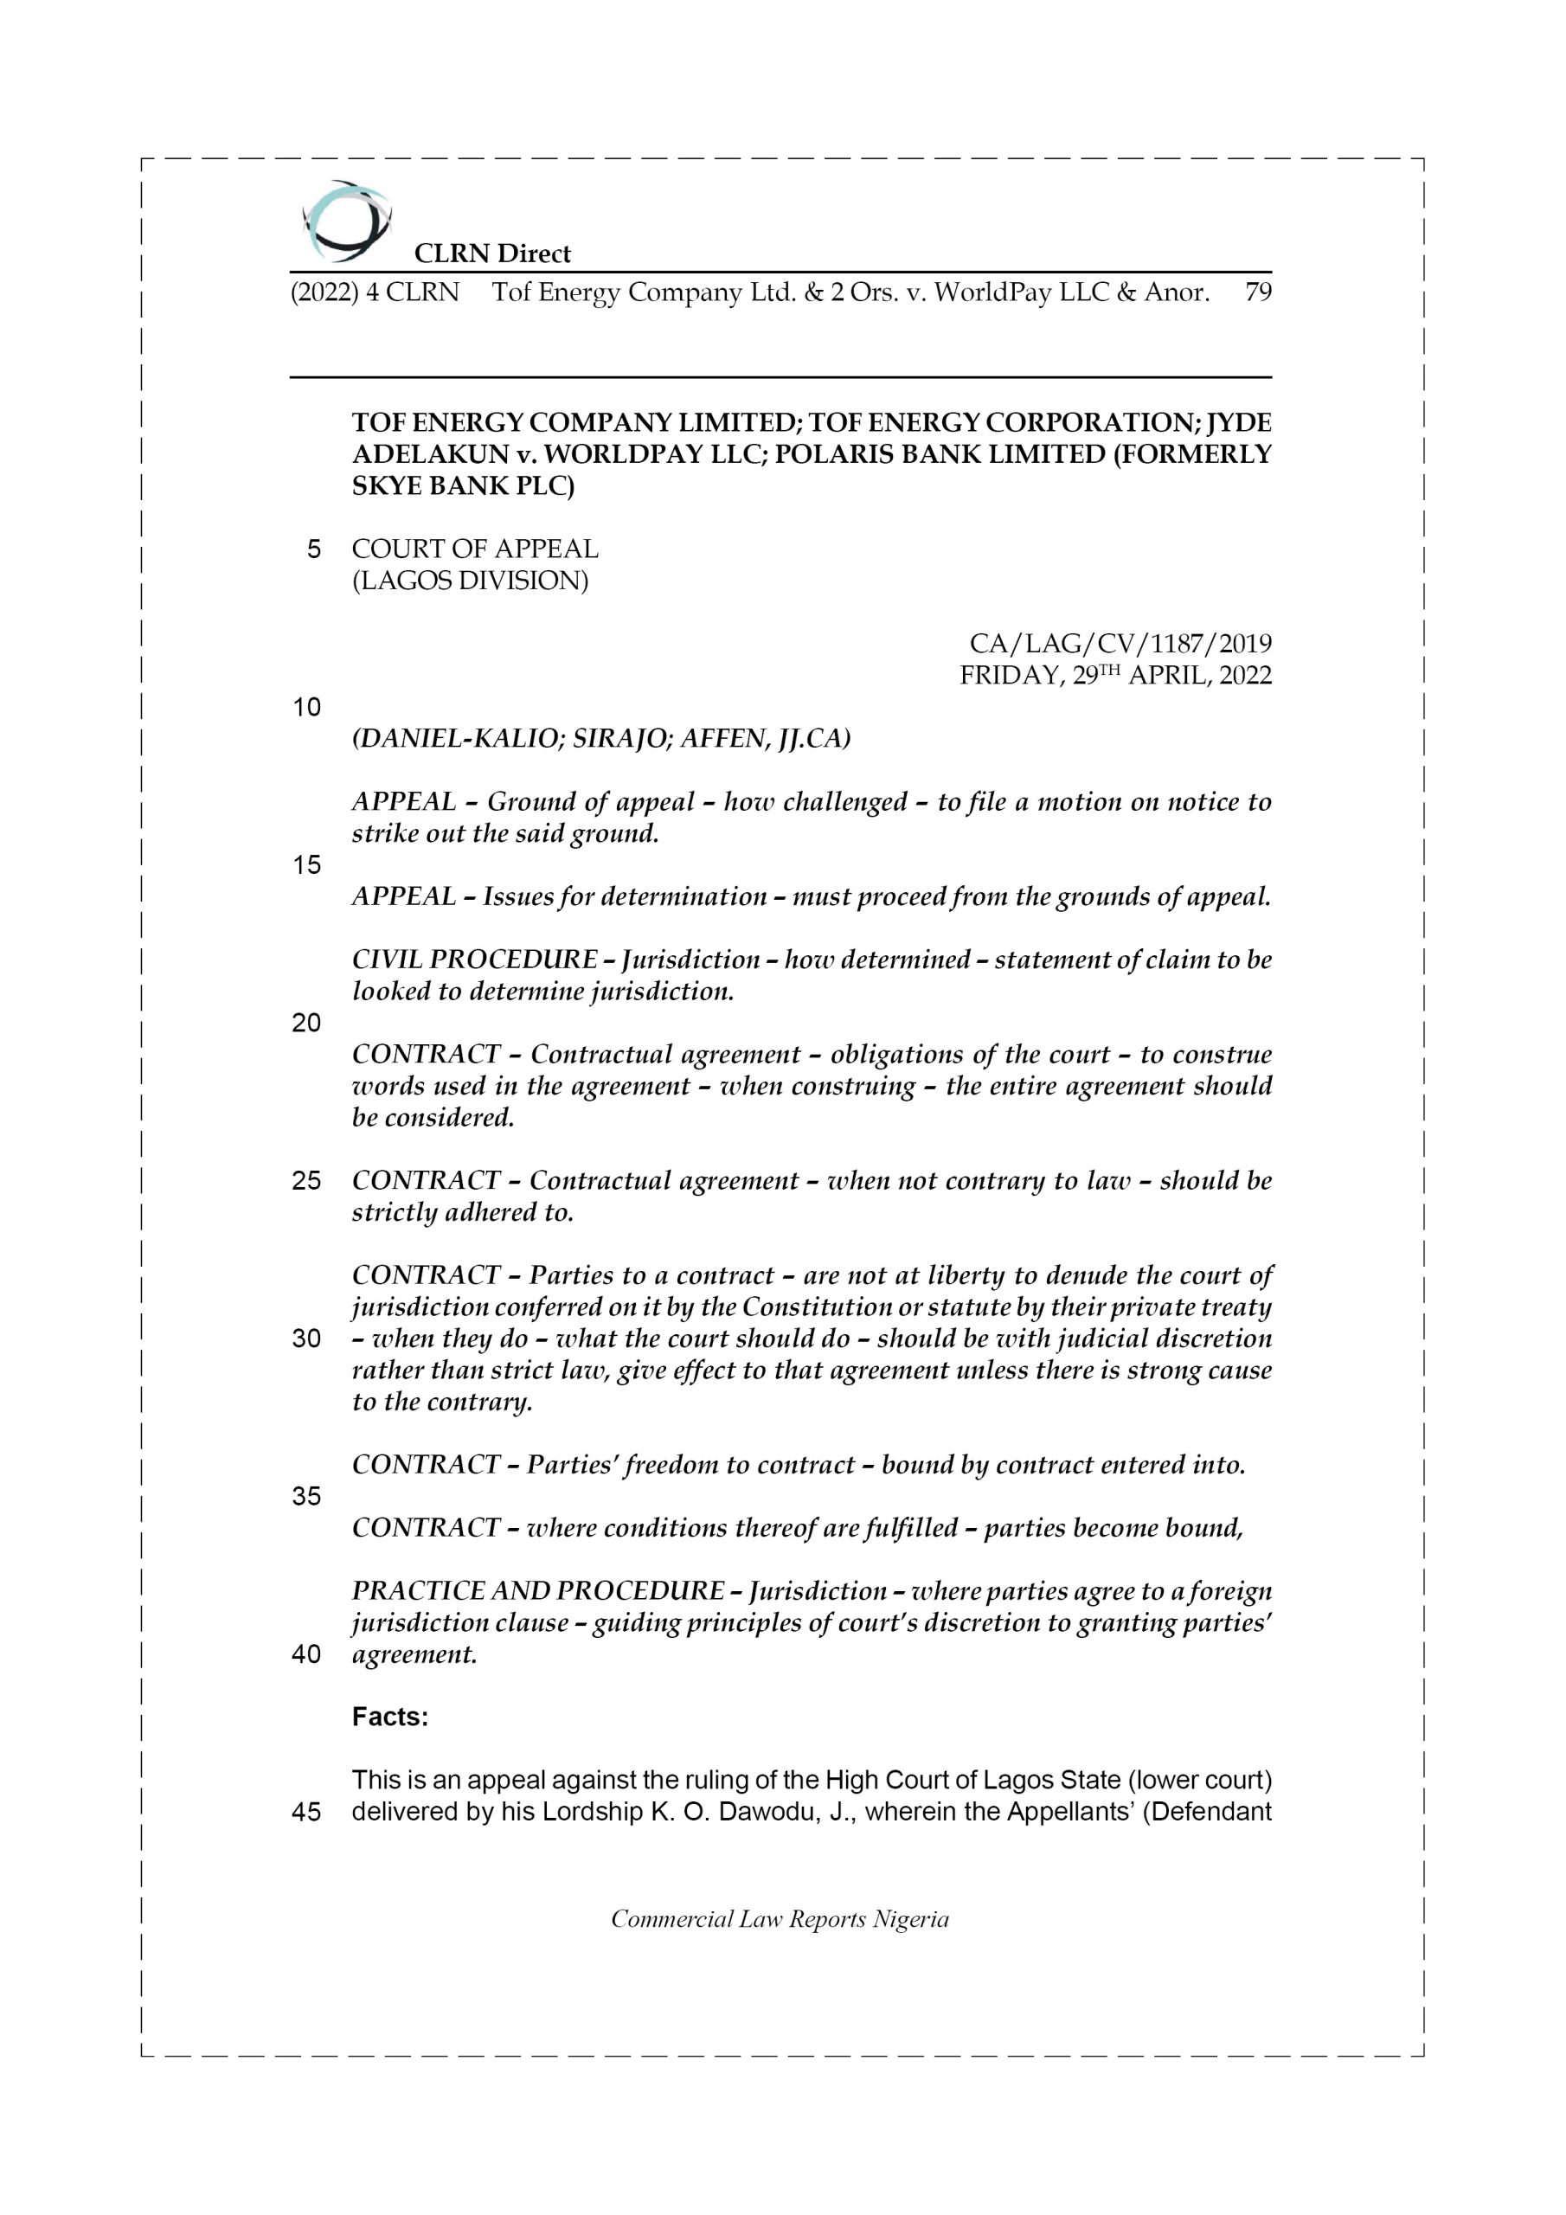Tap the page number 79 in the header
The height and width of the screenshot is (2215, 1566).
1257,292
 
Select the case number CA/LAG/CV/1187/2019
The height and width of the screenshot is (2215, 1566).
1120,644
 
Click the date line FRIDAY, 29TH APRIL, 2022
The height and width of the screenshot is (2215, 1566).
1115,675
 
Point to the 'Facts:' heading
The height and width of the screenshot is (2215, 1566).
390,1717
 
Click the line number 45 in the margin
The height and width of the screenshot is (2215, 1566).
306,1812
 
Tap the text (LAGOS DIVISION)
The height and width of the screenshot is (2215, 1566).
470,581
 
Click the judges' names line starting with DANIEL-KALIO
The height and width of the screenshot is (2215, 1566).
601,738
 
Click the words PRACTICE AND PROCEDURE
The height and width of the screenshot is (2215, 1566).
537,1591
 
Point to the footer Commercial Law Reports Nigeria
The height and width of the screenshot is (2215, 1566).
780,1920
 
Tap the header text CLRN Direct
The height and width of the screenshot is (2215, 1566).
492,254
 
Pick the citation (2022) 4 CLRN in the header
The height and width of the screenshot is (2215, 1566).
375,292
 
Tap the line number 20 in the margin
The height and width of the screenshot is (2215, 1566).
306,1023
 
